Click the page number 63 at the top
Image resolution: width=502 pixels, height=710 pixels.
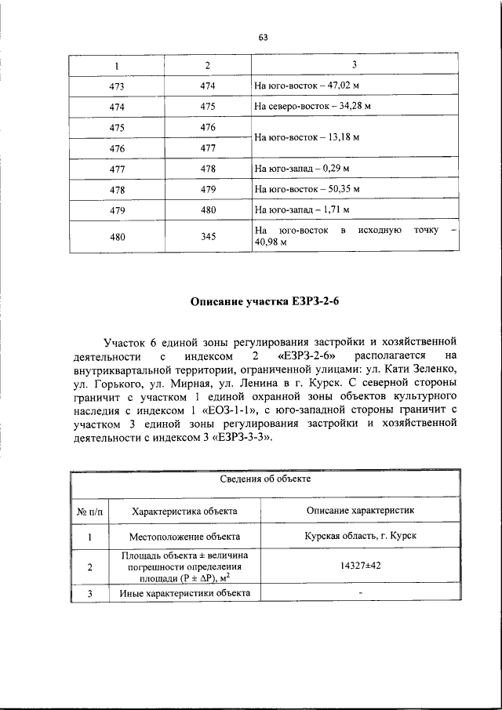263,36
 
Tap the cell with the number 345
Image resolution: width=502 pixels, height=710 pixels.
208,237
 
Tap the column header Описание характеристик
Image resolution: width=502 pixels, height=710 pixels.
360,511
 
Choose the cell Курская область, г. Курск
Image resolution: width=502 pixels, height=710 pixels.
360,537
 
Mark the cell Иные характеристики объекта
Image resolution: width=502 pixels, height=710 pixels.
184,594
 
